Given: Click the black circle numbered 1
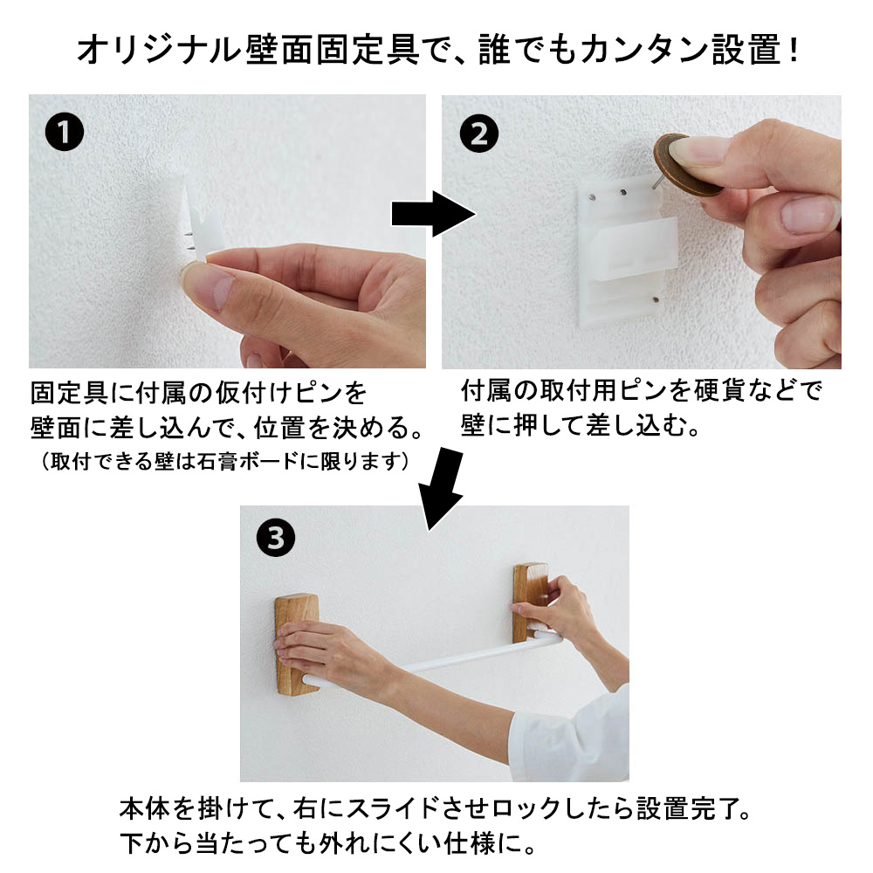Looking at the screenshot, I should pos(64,135).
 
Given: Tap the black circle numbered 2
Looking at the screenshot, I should pos(478,135).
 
